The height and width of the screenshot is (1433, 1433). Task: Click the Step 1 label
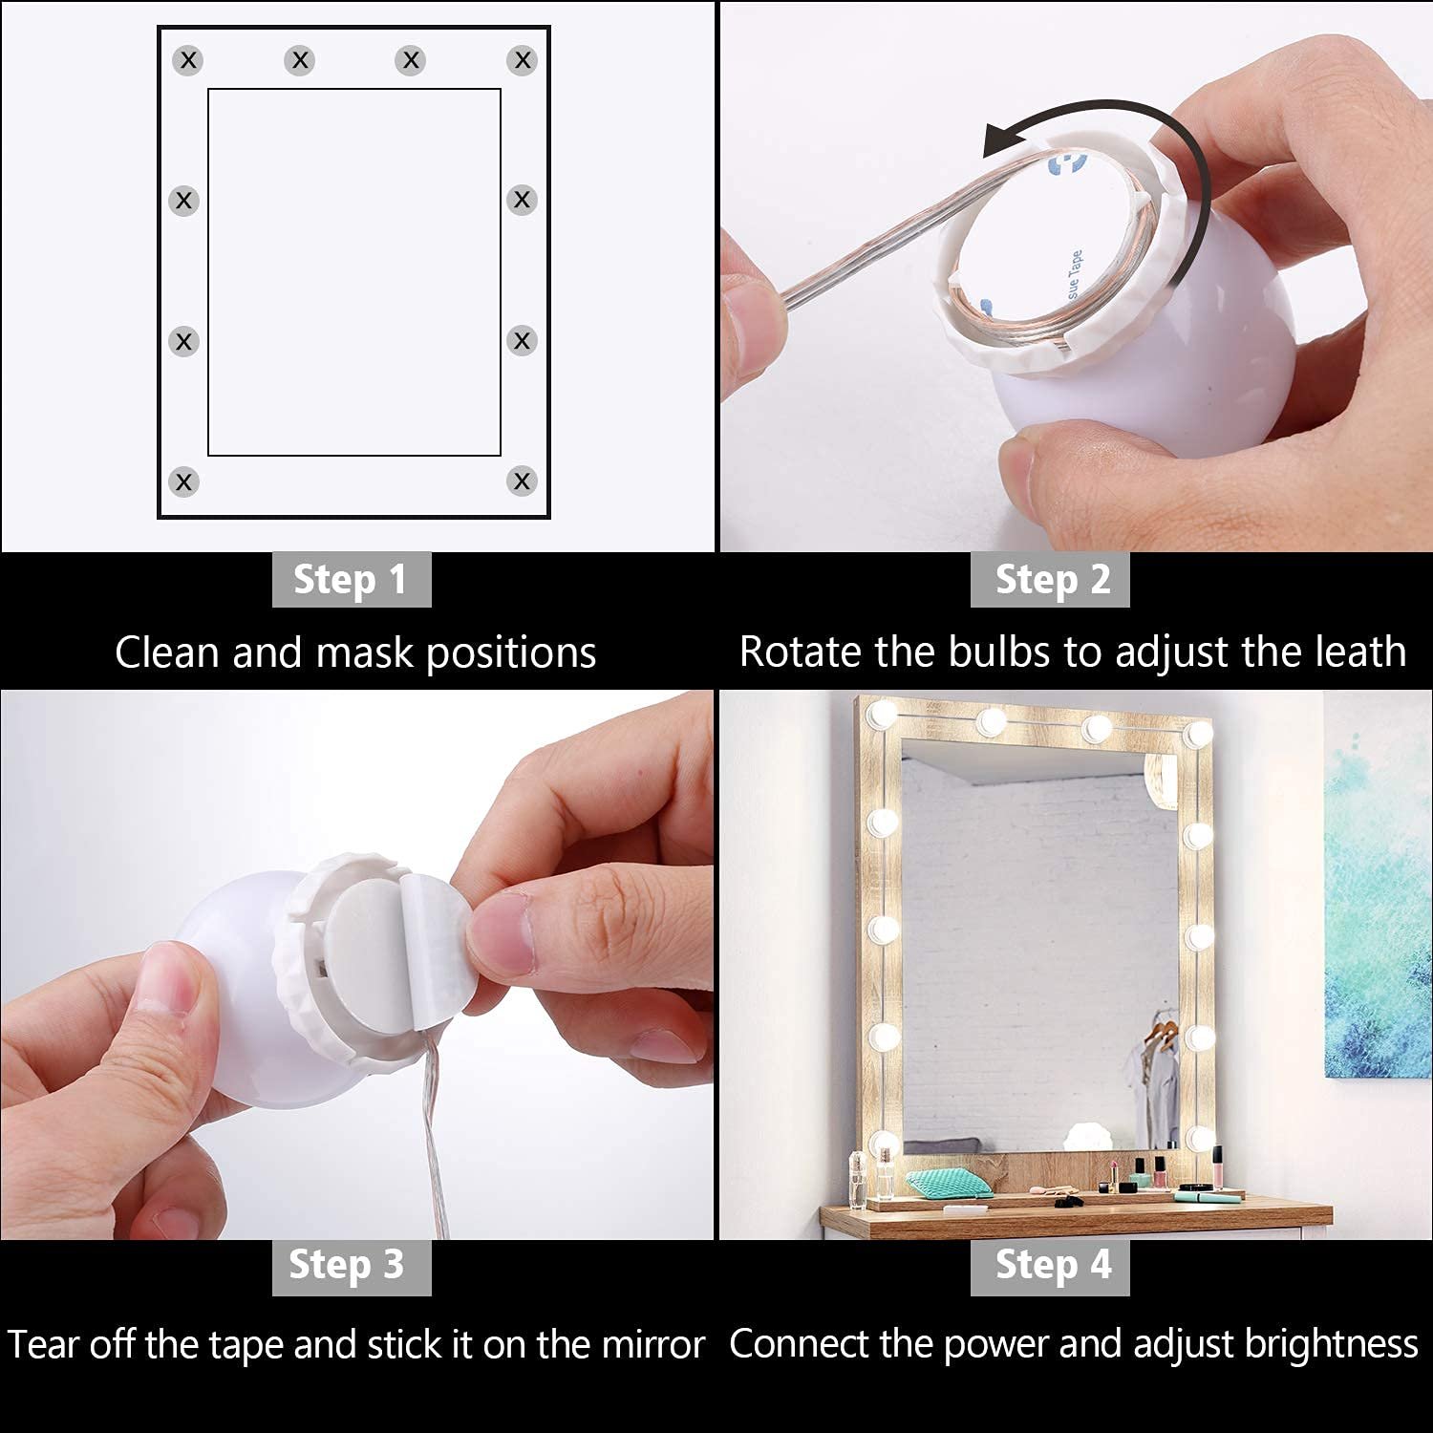coord(351,580)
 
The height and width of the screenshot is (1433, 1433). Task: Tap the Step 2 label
coord(1051,580)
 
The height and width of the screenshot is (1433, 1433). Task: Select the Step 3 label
coord(351,1266)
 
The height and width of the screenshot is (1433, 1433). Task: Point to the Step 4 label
coord(1051,1266)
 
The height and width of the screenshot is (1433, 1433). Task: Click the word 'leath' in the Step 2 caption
coord(1360,652)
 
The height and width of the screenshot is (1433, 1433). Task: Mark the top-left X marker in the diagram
coord(188,60)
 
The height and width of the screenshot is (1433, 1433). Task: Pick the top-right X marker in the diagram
coord(522,60)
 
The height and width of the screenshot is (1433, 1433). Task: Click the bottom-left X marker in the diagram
coord(183,481)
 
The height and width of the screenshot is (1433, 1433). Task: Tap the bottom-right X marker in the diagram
coord(522,481)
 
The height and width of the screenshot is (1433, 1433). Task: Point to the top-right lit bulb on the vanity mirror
coord(1196,733)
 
